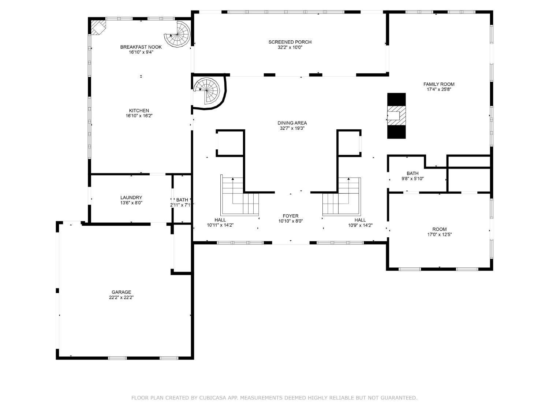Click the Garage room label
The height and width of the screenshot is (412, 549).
point(121,292)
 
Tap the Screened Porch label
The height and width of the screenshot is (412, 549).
point(290,42)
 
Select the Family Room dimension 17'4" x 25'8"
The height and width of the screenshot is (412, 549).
point(439,89)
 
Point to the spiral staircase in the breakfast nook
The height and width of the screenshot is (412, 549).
point(178,34)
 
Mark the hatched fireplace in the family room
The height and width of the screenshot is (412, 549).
point(396,115)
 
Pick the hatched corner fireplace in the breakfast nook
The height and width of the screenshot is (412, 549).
point(98,27)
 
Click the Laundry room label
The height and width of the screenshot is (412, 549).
point(131,198)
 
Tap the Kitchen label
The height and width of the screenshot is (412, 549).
point(139,111)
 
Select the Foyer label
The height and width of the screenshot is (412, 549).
point(291,216)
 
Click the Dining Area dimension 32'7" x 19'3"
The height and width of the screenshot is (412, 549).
point(292,129)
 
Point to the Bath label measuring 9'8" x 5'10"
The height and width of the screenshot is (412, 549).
point(412,174)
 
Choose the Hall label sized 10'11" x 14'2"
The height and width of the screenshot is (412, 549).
point(220,220)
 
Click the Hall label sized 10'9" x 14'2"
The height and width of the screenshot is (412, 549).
point(360,220)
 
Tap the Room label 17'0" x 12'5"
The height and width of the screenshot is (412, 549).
point(440,229)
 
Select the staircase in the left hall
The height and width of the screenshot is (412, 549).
point(240,198)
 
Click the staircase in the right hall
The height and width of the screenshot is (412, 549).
point(341,198)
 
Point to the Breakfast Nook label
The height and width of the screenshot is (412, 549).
point(141,47)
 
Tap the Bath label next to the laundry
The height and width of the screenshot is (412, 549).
point(182,200)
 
